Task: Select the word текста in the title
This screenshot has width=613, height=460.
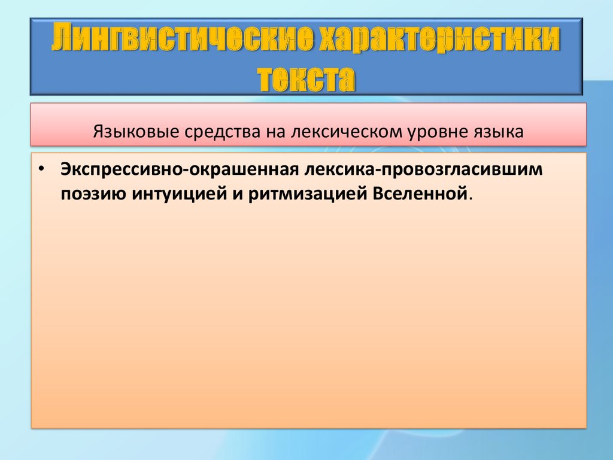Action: point(306,78)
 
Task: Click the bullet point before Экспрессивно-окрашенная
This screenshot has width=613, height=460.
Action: point(41,170)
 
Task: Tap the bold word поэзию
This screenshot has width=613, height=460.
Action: point(93,194)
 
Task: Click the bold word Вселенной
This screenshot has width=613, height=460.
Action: point(420,193)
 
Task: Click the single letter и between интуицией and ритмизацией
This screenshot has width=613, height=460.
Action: point(238,195)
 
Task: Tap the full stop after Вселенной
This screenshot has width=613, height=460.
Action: point(471,199)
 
